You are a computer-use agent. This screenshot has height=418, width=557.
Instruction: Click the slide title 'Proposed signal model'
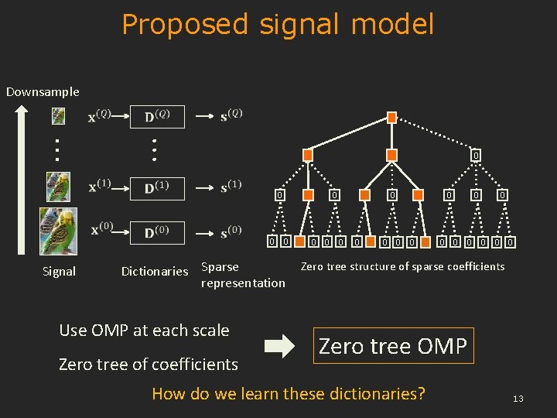pyautogui.click(x=278, y=25)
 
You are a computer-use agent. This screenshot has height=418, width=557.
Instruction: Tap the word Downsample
pyautogui.click(x=43, y=91)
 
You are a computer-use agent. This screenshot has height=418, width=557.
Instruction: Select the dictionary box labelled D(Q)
pyautogui.click(x=157, y=116)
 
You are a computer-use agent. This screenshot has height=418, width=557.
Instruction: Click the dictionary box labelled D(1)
pyautogui.click(x=157, y=187)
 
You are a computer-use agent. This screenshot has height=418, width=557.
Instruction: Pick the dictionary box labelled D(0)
pyautogui.click(x=157, y=232)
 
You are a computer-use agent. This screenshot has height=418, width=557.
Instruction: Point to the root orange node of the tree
pyautogui.click(x=391, y=118)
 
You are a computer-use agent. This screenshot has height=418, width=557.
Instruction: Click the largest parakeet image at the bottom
pyautogui.click(x=59, y=231)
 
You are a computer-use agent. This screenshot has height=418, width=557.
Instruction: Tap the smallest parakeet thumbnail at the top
pyautogui.click(x=59, y=116)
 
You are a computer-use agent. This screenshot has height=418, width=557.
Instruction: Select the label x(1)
pyautogui.click(x=99, y=187)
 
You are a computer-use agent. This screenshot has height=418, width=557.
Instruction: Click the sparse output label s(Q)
pyautogui.click(x=231, y=115)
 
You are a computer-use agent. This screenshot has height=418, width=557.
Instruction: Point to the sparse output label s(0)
pyautogui.click(x=231, y=231)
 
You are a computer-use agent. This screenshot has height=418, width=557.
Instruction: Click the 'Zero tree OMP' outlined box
pyautogui.click(x=393, y=345)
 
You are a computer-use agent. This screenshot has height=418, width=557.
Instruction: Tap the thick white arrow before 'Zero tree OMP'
pyautogui.click(x=279, y=345)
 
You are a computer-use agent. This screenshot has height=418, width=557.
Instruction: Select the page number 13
pyautogui.click(x=518, y=399)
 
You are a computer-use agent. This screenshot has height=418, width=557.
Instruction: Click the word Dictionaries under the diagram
pyautogui.click(x=155, y=271)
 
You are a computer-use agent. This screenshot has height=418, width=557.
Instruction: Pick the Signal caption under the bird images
pyautogui.click(x=59, y=271)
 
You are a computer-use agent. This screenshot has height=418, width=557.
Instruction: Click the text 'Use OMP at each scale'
pyautogui.click(x=144, y=330)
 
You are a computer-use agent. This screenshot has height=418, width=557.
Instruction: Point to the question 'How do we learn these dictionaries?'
pyautogui.click(x=289, y=393)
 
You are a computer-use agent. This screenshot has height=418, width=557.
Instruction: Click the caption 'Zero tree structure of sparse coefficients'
pyautogui.click(x=402, y=266)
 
